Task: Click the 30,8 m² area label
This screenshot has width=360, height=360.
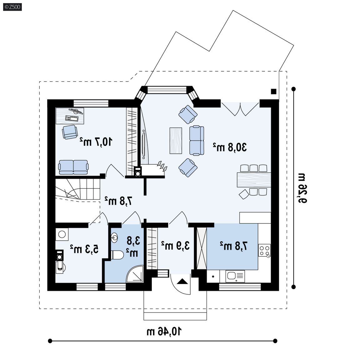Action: (230, 147)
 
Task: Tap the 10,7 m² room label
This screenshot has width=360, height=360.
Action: (96, 142)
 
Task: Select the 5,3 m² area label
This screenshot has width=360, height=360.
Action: (84, 249)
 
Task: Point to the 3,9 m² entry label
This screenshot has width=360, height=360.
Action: (175, 245)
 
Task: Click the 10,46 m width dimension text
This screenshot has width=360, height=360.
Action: (164, 331)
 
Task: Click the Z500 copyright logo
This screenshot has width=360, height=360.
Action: (12, 7)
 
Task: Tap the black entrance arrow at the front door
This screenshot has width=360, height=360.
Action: (183, 281)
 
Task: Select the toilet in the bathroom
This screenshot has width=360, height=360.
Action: (117, 255)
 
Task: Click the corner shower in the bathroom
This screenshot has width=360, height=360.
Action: (135, 274)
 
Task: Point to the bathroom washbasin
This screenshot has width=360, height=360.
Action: (114, 237)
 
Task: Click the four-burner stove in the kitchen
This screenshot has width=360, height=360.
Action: (264, 250)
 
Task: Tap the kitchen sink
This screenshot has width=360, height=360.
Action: (235, 276)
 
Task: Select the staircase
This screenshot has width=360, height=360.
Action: (77, 190)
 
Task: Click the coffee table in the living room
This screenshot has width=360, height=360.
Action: (176, 141)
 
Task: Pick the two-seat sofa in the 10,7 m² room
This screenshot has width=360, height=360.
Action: (73, 167)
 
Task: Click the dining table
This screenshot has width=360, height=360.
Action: (254, 180)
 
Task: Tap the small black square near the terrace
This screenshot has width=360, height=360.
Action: (273, 91)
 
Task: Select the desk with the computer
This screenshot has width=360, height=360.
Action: (70, 116)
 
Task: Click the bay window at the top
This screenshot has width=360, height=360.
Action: (167, 90)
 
